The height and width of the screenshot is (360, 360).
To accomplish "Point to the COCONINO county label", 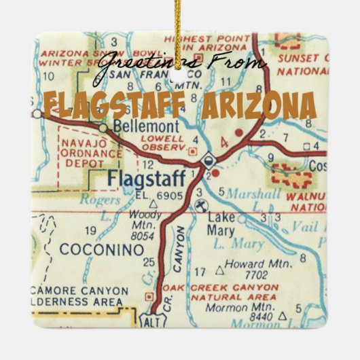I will [102, 249].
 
